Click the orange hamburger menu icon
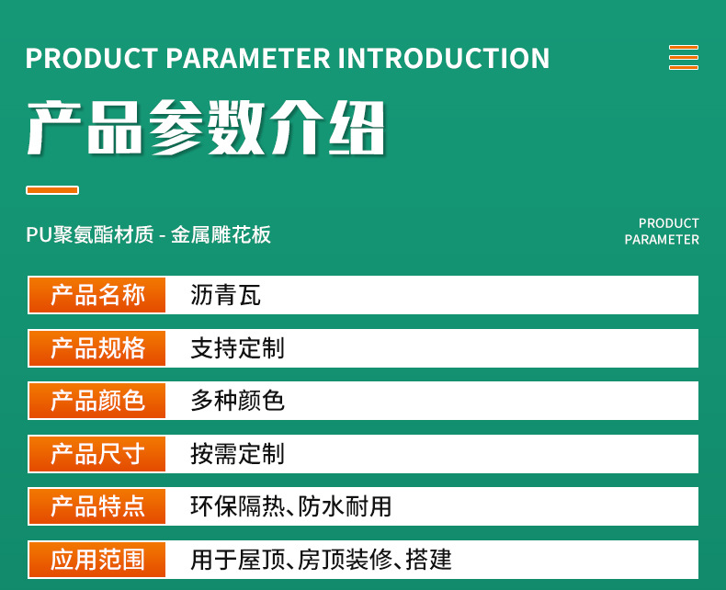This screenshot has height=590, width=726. click(684, 57)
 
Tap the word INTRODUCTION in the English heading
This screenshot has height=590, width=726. click(444, 58)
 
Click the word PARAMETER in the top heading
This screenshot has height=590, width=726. click(248, 58)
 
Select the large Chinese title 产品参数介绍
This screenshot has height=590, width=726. click(206, 128)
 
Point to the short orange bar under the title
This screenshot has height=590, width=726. click(52, 190)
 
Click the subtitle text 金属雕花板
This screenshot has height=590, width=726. click(221, 234)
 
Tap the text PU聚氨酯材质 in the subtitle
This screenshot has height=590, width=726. click(90, 234)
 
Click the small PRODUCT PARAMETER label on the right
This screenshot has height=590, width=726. click(662, 231)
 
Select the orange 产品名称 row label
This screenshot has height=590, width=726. click(97, 295)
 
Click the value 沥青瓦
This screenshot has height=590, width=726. click(225, 295)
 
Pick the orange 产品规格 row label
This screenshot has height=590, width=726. click(97, 348)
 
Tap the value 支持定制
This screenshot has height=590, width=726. click(237, 348)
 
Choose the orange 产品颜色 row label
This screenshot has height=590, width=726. click(97, 401)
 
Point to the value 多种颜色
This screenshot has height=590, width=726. click(237, 401)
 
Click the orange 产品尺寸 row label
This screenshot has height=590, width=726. click(97, 454)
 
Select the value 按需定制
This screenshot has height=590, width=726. click(237, 454)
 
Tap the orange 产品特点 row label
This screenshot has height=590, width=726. click(97, 506)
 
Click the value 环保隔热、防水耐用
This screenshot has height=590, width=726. click(291, 506)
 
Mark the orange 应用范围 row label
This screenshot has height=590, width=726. click(97, 560)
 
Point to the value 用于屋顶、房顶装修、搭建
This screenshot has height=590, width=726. click(321, 560)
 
